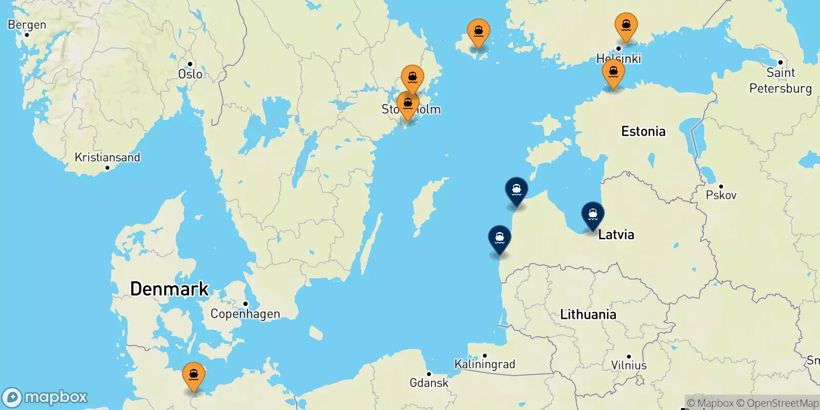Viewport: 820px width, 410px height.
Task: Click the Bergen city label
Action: [27, 25]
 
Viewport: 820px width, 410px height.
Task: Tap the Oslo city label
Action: [190, 74]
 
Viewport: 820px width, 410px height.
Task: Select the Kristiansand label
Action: [107, 157]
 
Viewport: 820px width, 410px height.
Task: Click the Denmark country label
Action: [169, 289]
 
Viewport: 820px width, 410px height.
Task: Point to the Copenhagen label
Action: [245, 314]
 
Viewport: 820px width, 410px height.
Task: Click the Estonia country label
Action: [643, 131]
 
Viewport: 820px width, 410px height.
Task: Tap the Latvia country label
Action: [616, 235]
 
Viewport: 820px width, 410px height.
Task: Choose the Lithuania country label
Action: [588, 314]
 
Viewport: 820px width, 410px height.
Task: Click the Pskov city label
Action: [721, 195]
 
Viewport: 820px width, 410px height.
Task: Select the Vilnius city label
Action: [628, 365]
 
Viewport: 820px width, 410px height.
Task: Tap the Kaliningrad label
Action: [484, 364]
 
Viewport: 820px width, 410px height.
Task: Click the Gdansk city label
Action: [429, 382]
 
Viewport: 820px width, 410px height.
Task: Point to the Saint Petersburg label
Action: [780, 80]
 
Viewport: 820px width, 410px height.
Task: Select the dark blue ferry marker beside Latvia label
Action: [592, 215]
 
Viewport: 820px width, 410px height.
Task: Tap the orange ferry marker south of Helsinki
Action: [613, 73]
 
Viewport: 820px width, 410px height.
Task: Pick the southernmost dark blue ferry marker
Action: [499, 239]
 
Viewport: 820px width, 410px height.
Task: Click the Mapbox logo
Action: [45, 397]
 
